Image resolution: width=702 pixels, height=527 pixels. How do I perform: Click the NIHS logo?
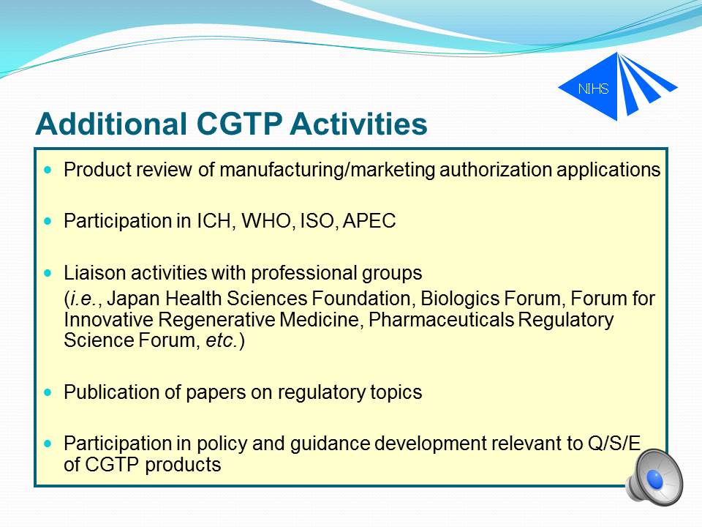(618, 87)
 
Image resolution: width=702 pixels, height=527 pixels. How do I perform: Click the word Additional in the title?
(111, 123)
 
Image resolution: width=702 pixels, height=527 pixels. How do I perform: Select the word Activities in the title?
(358, 123)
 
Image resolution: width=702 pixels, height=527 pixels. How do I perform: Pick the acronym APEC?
(369, 221)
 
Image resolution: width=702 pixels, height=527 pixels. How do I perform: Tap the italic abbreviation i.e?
(83, 299)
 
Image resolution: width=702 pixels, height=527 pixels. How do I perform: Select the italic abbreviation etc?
(221, 340)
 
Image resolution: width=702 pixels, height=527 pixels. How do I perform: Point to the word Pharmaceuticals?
(441, 320)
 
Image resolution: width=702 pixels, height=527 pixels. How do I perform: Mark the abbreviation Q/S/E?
(614, 444)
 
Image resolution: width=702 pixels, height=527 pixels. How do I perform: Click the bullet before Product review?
(48, 170)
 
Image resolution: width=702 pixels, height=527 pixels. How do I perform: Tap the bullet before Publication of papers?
(48, 392)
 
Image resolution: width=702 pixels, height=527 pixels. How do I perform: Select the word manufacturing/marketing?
(328, 171)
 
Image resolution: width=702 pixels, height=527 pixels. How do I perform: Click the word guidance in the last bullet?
(330, 444)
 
